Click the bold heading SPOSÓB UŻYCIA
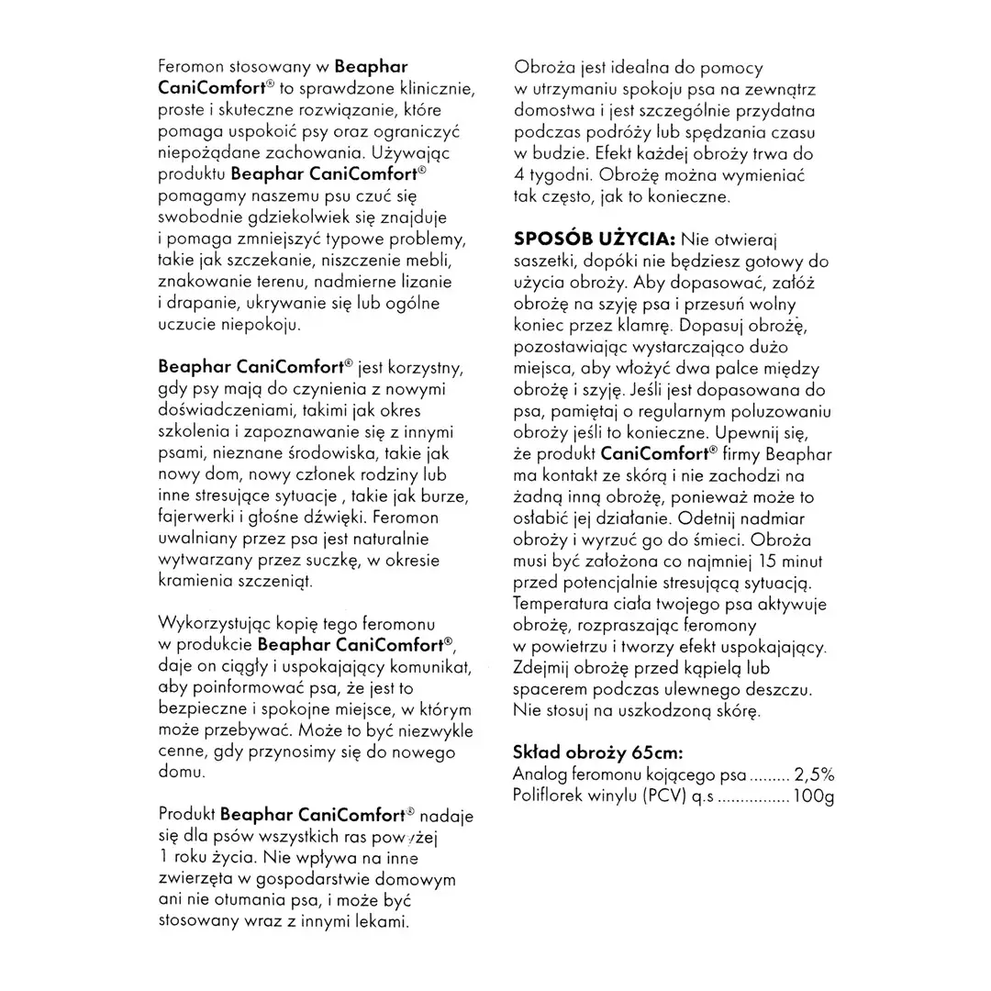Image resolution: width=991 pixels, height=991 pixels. pos(594,239)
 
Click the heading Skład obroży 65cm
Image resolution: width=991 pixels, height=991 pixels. pos(598,753)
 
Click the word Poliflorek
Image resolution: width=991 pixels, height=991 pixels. pos(553,796)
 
